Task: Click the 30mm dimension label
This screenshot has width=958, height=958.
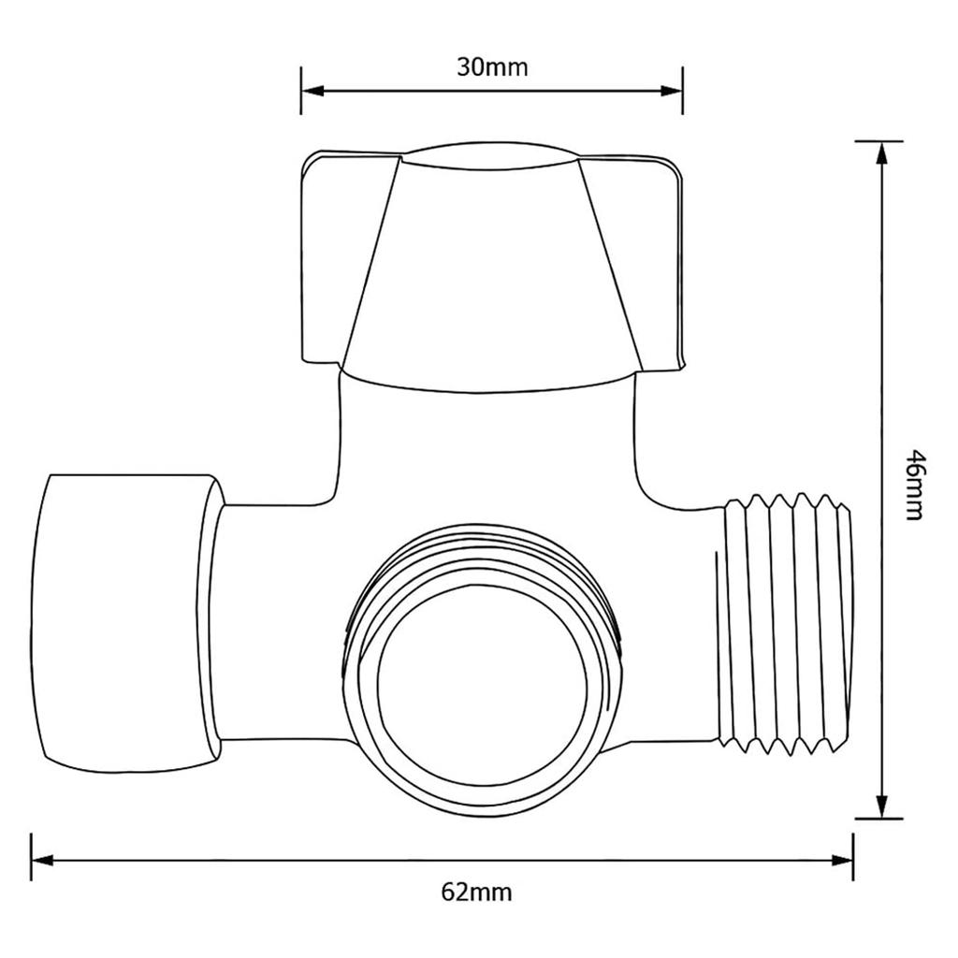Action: (x=492, y=67)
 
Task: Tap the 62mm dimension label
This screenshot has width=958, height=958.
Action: (x=476, y=892)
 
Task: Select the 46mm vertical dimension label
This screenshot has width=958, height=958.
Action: (x=914, y=486)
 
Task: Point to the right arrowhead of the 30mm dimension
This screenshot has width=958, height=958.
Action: (x=671, y=91)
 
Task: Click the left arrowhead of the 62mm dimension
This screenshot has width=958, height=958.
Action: (x=43, y=859)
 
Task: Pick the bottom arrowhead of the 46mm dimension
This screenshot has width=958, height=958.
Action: (x=880, y=806)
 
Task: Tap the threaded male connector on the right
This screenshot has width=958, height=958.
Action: (x=790, y=623)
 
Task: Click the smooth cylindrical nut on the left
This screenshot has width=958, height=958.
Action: (x=126, y=617)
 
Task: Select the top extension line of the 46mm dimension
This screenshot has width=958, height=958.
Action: (x=879, y=141)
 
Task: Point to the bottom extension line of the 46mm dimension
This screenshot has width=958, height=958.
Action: (x=879, y=819)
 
